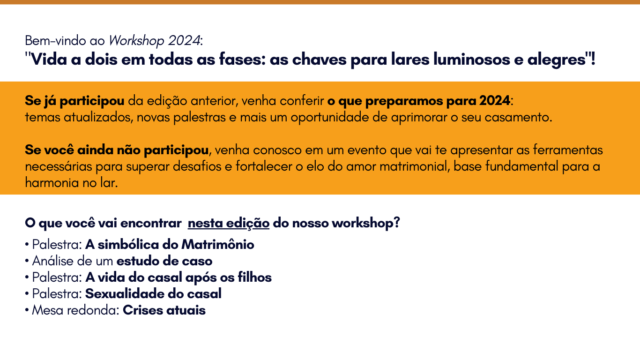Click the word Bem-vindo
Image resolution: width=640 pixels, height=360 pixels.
55,41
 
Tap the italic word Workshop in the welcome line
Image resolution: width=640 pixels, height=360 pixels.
136,41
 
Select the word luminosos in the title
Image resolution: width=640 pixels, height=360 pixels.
471,60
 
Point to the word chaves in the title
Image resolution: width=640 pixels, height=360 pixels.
319,60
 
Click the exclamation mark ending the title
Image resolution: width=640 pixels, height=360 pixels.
593,59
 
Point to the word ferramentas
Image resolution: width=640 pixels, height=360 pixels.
568,150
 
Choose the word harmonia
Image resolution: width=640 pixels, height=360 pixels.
52,183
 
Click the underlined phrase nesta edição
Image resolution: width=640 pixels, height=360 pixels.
229,223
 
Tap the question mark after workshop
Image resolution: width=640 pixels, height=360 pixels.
396,223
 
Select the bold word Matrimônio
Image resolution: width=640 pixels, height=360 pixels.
218,245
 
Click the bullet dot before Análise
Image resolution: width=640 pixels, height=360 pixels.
27,261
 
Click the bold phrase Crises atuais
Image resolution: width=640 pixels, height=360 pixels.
164,310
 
